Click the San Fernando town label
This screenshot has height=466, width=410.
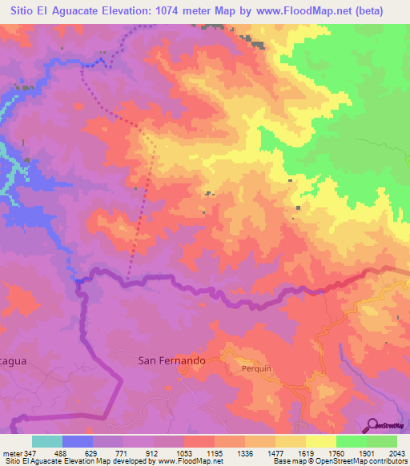[x=171, y=360]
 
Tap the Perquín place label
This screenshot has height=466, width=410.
[x=258, y=369]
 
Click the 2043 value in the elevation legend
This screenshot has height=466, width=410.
[x=396, y=453]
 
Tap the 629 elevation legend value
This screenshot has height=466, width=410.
[x=93, y=453]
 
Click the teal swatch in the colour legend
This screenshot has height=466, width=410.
[x=47, y=441]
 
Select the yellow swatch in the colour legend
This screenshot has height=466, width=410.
[x=320, y=441]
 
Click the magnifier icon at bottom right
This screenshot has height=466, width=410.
[x=372, y=424]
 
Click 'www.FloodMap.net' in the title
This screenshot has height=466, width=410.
[x=305, y=10]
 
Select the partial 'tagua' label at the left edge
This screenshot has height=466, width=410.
[x=14, y=361]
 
